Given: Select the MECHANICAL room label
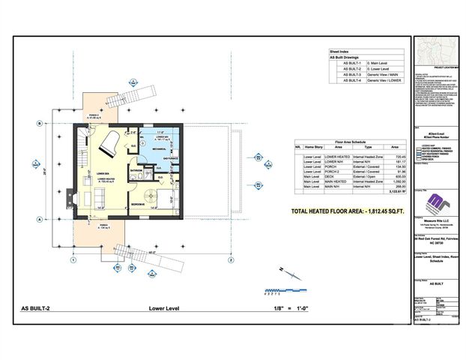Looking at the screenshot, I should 158,148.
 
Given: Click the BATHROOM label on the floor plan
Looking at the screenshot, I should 136,169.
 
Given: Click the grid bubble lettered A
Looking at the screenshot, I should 37,219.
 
